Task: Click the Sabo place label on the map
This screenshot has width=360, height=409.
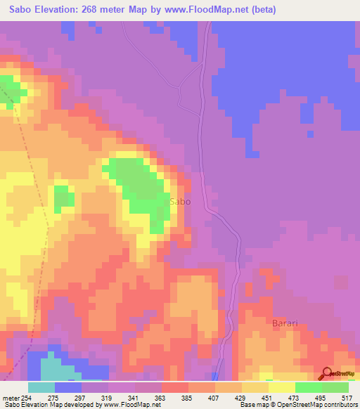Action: point(180,202)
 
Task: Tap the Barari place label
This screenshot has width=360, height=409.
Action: point(285,323)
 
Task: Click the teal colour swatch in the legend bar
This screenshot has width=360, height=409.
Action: point(41,387)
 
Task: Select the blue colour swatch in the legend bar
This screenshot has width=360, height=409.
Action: point(68,387)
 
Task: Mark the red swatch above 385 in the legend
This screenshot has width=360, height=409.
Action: point(174,387)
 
